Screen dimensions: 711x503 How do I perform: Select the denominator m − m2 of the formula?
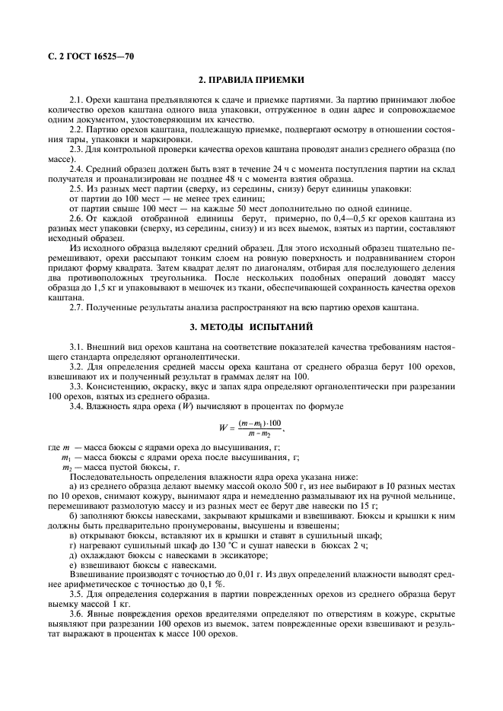258,435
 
